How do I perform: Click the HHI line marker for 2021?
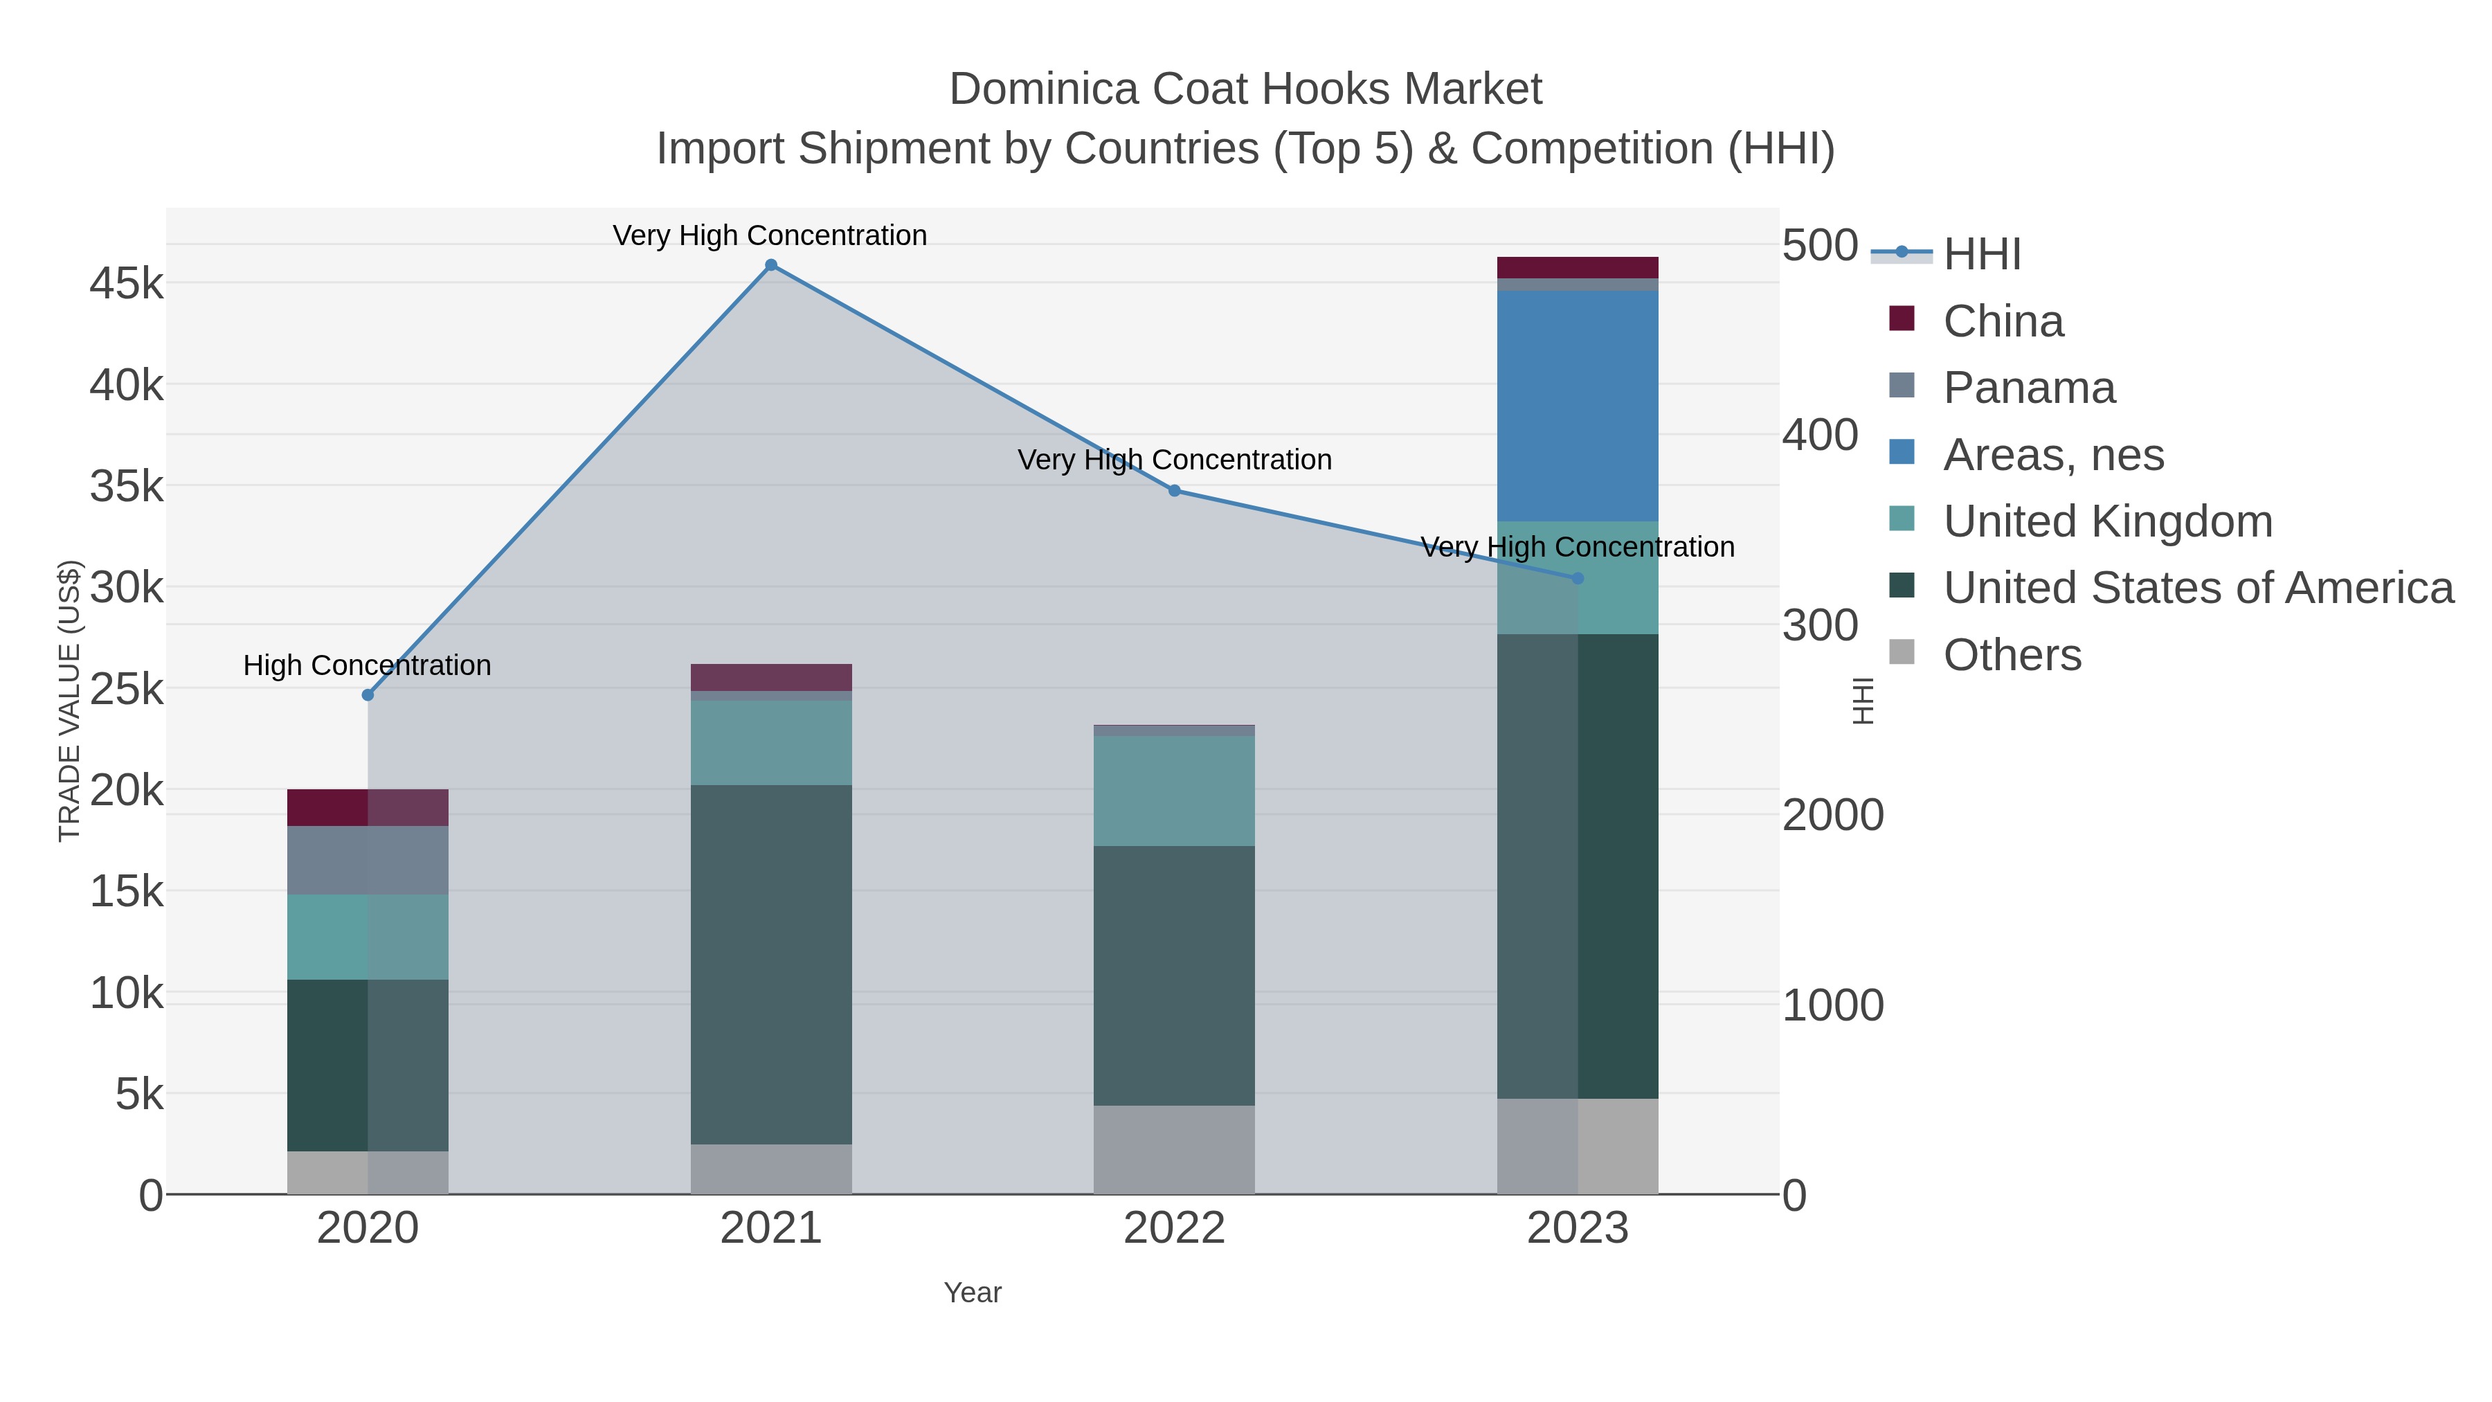pyautogui.click(x=771, y=265)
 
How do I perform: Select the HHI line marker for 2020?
pyautogui.click(x=368, y=694)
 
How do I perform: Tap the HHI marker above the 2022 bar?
pyautogui.click(x=1175, y=491)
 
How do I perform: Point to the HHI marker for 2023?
pyautogui.click(x=1578, y=579)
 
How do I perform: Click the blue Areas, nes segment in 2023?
pyautogui.click(x=1578, y=406)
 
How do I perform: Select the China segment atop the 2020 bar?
pyautogui.click(x=368, y=808)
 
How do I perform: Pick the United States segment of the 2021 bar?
pyautogui.click(x=771, y=964)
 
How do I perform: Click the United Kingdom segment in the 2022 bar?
pyautogui.click(x=1175, y=791)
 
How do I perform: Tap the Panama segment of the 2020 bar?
pyautogui.click(x=368, y=860)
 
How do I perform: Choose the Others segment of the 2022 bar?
pyautogui.click(x=1175, y=1149)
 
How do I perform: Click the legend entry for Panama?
pyautogui.click(x=2029, y=388)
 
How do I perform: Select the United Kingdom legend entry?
pyautogui.click(x=2107, y=521)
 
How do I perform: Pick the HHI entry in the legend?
pyautogui.click(x=1981, y=255)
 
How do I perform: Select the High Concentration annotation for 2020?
pyautogui.click(x=368, y=665)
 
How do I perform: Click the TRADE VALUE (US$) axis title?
pyautogui.click(x=70, y=701)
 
